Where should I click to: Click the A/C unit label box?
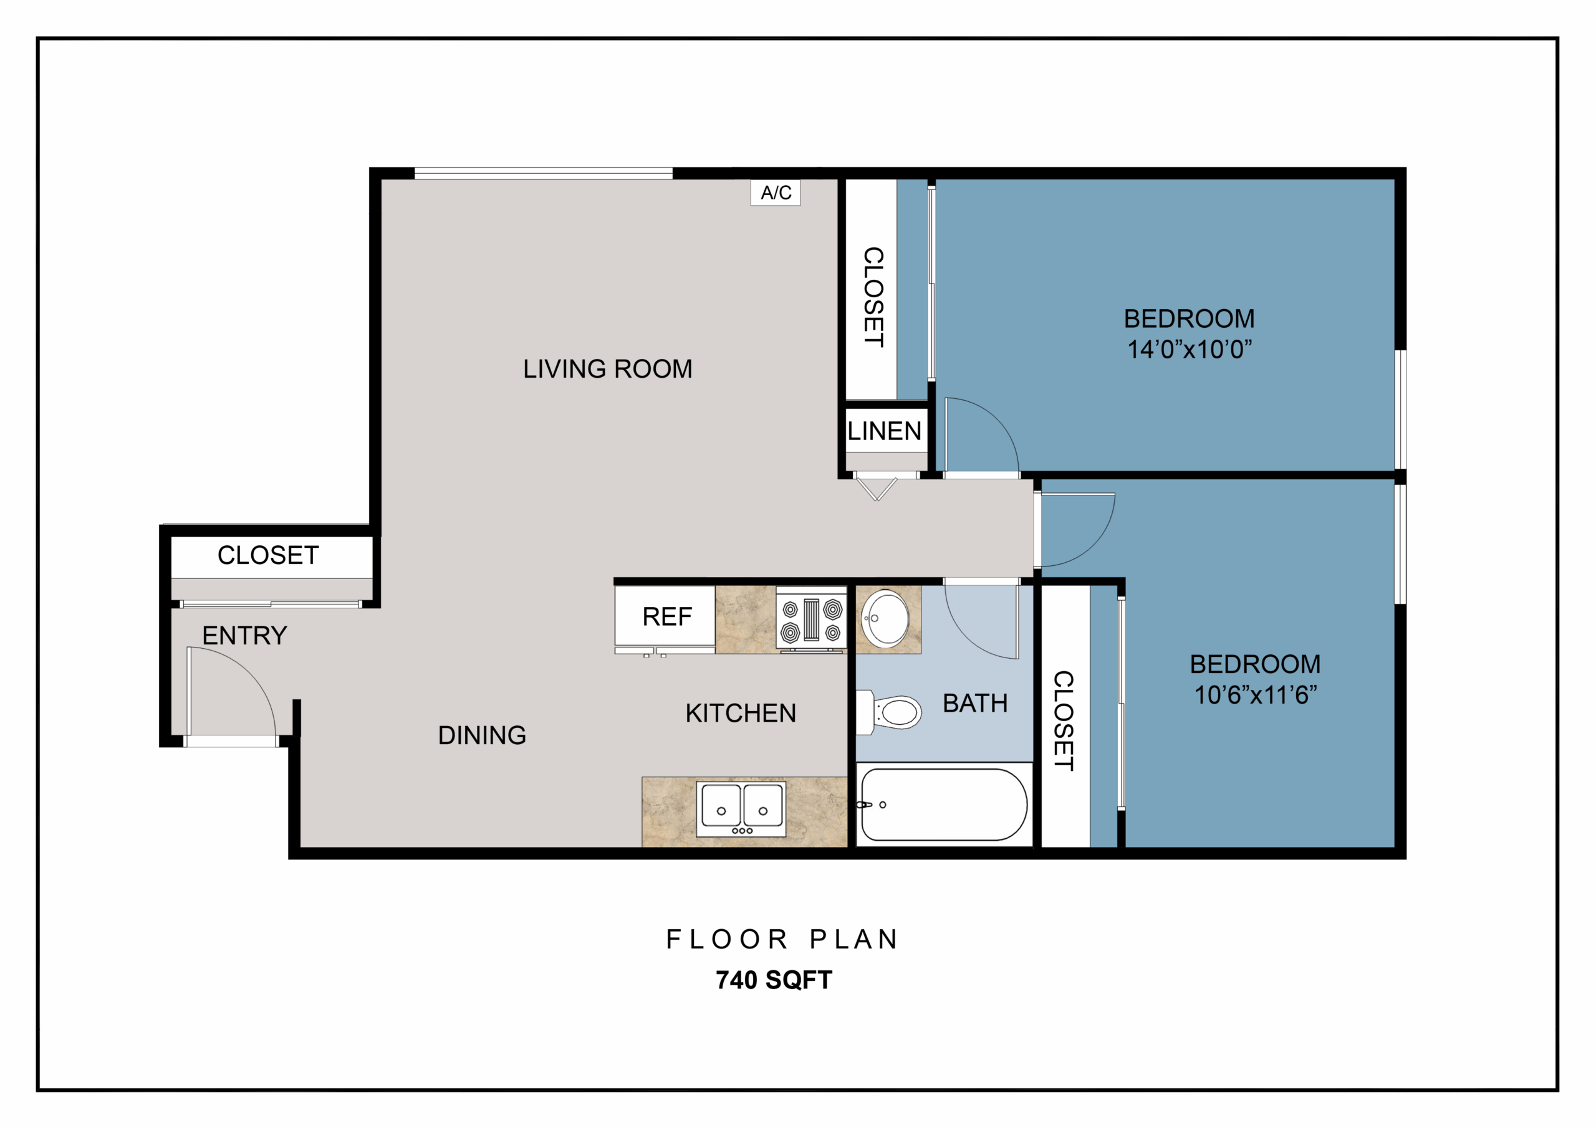775,193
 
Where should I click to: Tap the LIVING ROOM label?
607,369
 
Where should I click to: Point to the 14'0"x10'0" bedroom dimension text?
1190,349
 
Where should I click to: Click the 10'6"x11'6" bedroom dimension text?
1256,694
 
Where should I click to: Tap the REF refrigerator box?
665,616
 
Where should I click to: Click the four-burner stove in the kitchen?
811,619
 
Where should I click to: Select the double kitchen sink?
742,810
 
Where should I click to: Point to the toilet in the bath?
889,712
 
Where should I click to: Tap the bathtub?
944,805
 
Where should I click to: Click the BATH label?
974,704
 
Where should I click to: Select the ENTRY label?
244,635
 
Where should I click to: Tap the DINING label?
482,735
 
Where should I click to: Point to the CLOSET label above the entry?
267,555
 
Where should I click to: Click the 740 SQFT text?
774,980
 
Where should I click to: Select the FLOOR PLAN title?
782,939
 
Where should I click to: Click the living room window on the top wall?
544,173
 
